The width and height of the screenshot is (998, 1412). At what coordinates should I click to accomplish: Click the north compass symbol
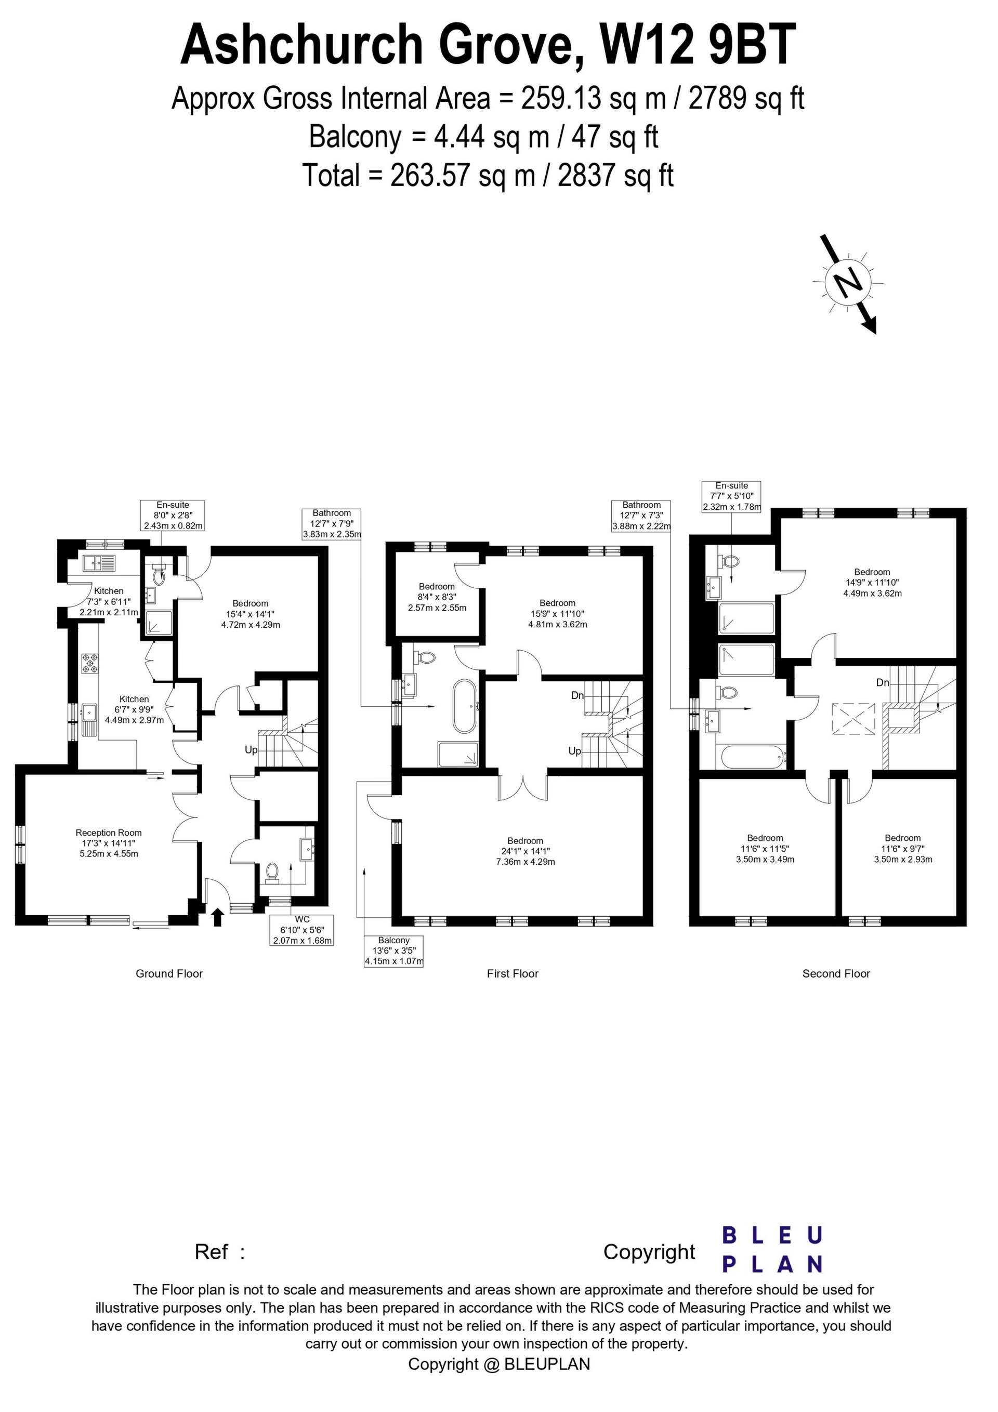coord(848,284)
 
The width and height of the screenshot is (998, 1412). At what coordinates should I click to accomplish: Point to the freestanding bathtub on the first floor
coord(465,706)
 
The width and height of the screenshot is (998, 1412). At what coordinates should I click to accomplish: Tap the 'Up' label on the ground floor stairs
coord(251,750)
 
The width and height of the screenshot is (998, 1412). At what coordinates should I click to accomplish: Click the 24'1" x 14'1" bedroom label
coord(526,851)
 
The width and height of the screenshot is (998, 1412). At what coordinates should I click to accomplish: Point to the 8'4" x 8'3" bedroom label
coord(437,597)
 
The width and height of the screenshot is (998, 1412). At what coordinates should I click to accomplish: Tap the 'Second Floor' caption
coord(836,973)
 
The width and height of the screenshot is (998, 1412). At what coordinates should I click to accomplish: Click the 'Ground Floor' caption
coord(169,973)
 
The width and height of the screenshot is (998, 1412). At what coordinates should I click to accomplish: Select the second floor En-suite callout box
coord(731,497)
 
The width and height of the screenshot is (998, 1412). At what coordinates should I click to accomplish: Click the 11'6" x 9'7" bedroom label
coord(903,849)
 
